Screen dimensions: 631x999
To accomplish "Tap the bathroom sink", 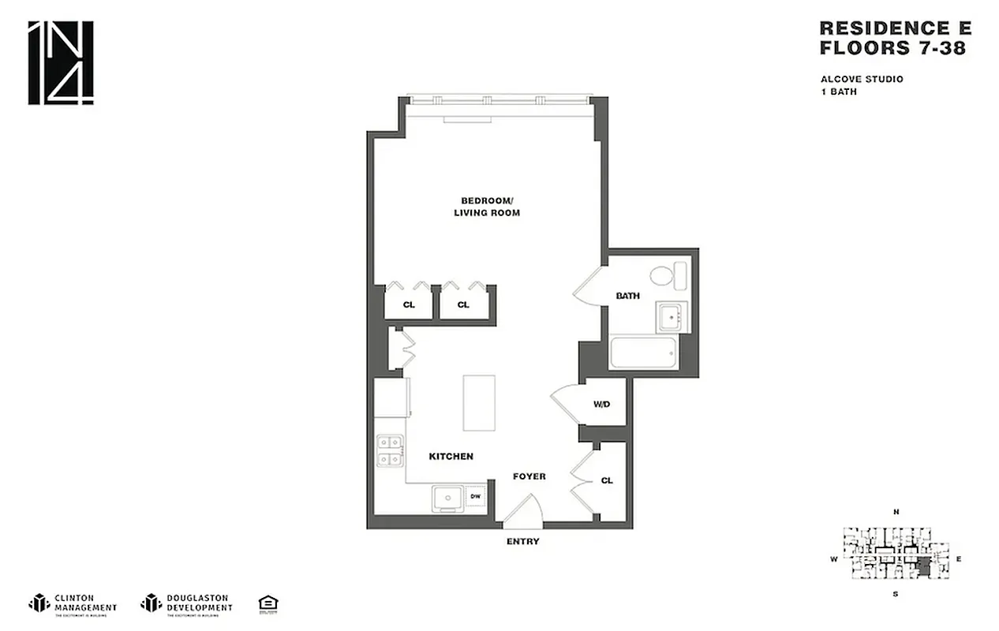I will click(x=672, y=317).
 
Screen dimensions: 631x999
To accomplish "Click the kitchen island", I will click(x=477, y=402).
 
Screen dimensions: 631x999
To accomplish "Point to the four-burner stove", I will click(x=389, y=450).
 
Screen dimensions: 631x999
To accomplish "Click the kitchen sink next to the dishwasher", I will click(x=449, y=498).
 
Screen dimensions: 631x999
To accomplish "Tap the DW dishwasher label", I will click(x=476, y=497).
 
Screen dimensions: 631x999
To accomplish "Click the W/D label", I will click(x=602, y=405).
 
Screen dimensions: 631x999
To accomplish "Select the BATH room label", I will click(x=627, y=297).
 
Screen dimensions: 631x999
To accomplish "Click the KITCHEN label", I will click(x=451, y=457).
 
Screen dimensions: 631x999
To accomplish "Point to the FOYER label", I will click(x=529, y=476).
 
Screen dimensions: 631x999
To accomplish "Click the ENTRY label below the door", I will click(x=522, y=542).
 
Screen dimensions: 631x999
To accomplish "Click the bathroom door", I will click(x=587, y=285).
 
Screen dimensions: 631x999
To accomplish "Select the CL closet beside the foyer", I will click(x=607, y=480).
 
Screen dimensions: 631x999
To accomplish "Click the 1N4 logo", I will click(x=61, y=62).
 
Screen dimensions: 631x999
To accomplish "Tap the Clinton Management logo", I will click(x=73, y=603).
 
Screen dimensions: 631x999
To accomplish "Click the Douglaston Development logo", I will click(x=186, y=603).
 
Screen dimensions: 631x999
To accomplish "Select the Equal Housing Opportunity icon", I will click(x=268, y=603).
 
